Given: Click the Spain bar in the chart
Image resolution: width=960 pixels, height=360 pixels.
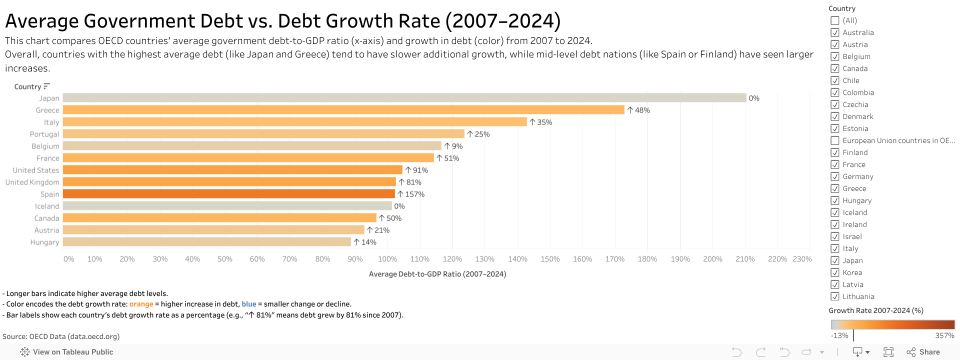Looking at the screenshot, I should [228, 194].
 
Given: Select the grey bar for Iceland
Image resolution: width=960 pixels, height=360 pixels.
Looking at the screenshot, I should [227, 206].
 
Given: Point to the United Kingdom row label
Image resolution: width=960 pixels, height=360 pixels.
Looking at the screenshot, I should [32, 182].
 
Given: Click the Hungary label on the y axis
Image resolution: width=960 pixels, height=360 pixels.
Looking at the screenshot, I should [44, 242].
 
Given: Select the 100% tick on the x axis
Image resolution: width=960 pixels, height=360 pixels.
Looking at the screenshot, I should [387, 259].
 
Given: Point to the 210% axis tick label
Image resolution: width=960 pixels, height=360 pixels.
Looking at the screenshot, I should [745, 259].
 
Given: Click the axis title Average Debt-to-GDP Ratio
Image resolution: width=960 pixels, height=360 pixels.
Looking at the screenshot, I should [437, 274].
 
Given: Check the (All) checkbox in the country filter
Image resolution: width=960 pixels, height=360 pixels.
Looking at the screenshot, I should [834, 20].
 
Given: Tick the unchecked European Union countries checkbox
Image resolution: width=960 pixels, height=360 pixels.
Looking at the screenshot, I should [834, 140].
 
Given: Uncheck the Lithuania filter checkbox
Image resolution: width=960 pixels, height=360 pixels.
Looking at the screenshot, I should [834, 296].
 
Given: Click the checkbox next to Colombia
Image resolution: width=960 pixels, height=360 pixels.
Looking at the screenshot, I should [834, 92].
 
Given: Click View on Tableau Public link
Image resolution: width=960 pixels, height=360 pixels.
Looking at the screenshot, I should [67, 352].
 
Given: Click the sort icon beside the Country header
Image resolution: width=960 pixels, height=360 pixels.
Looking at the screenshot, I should [46, 86].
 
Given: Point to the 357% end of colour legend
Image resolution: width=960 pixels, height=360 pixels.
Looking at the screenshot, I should [944, 335].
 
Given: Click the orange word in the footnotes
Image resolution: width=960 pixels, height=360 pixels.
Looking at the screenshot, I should [141, 304].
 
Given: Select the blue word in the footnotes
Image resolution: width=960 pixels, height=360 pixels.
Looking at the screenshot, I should [248, 304].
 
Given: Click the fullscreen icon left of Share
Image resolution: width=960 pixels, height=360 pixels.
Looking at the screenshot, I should [888, 352].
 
